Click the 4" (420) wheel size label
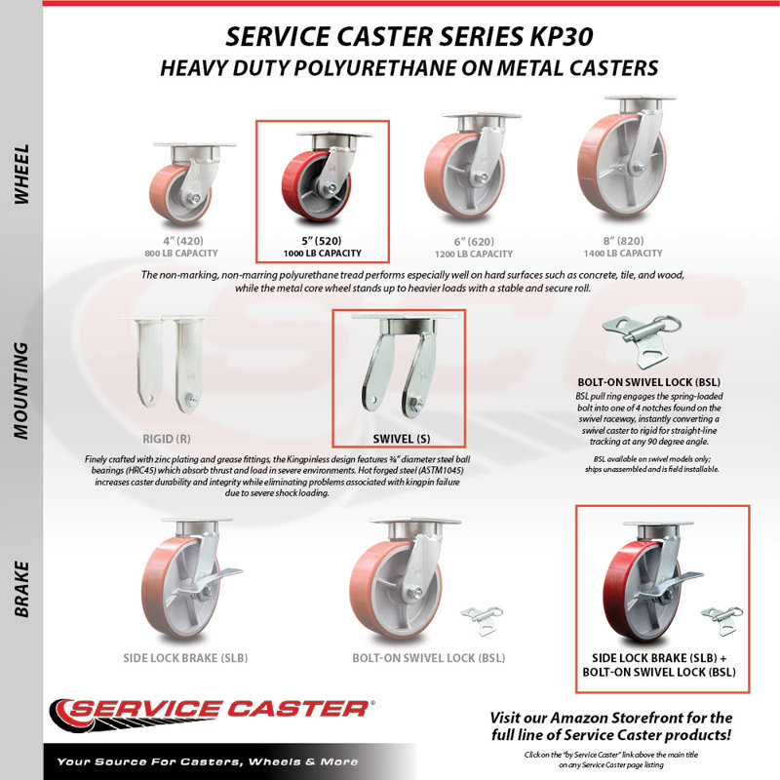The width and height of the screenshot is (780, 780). tap(183, 241)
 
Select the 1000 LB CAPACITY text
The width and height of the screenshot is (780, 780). tap(323, 253)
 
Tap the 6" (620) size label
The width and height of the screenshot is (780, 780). tap(474, 241)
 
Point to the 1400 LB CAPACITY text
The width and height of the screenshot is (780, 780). tap(623, 253)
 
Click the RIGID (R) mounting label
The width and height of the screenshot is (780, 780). tap(166, 439)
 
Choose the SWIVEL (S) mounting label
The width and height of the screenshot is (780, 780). tap(402, 439)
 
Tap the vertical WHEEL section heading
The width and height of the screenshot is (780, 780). tap(21, 174)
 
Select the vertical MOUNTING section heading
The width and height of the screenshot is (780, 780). tap(21, 390)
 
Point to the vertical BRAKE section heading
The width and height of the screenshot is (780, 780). tap(21, 590)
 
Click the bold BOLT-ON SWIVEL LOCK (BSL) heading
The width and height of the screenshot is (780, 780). tap(648, 382)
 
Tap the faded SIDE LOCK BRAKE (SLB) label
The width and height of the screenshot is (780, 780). tap(185, 658)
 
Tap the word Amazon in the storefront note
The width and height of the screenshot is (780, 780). tap(579, 718)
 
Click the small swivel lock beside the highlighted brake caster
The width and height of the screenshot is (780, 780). tap(722, 620)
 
